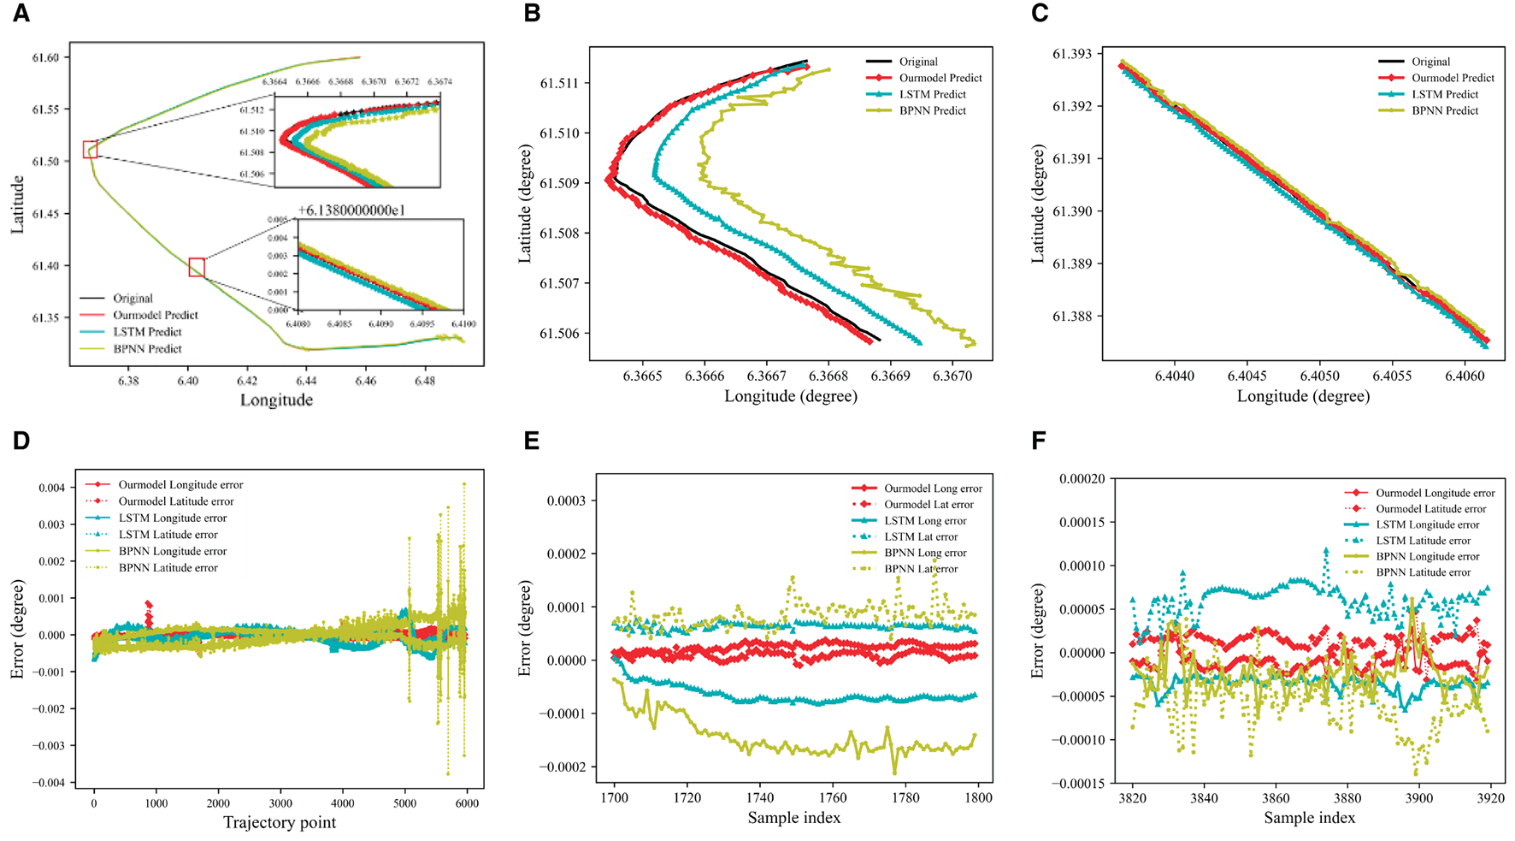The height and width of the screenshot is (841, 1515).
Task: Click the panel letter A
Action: [x=21, y=15]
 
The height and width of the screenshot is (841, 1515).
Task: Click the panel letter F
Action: [x=1039, y=441]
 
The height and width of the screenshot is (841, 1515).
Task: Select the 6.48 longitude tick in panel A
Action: [x=424, y=381]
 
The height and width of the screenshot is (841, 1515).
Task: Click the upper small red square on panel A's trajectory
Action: [x=90, y=150]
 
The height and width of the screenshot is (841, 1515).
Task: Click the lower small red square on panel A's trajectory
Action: [x=197, y=267]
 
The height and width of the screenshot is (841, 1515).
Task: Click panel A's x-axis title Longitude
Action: [x=276, y=400]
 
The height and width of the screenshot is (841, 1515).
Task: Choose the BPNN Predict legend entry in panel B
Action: [x=932, y=110]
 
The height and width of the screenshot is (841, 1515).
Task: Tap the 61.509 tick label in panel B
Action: [x=559, y=183]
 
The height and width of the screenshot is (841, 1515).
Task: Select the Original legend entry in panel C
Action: [x=1430, y=62]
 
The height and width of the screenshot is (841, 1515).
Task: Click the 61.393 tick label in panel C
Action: [x=1072, y=54]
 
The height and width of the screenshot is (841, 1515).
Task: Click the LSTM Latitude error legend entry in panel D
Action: [x=168, y=535]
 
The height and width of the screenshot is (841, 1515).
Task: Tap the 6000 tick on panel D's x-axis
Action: [x=467, y=803]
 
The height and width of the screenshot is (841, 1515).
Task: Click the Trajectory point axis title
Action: [x=280, y=823]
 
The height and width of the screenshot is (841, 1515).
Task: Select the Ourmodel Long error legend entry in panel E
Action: [x=933, y=489]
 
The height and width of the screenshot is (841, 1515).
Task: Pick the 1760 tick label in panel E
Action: [x=833, y=797]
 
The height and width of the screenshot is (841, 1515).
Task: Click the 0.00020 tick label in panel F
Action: [x=1082, y=479]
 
